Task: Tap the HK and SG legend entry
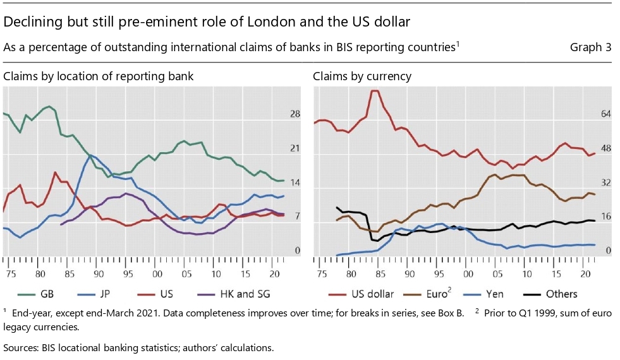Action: pos(222,294)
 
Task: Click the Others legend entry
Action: pos(563,294)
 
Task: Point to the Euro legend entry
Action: pos(436,294)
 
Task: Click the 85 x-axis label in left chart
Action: pos(68,273)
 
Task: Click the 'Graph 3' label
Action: pos(590,47)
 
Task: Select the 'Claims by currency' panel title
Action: pos(362,76)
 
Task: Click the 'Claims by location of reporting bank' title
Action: pos(99,76)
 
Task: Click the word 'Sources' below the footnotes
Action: pos(21,347)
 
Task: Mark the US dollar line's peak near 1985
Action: pos(375,91)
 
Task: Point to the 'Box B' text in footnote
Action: pos(449,313)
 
